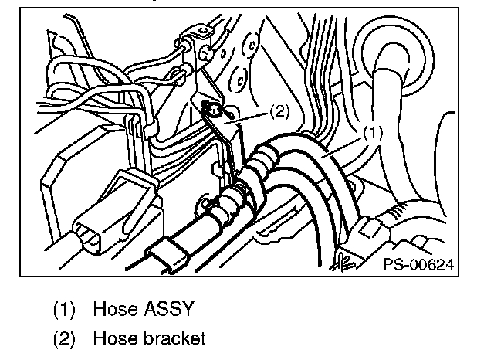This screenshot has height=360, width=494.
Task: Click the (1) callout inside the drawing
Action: (x=372, y=133)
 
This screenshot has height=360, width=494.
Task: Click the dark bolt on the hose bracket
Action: (x=214, y=112)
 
